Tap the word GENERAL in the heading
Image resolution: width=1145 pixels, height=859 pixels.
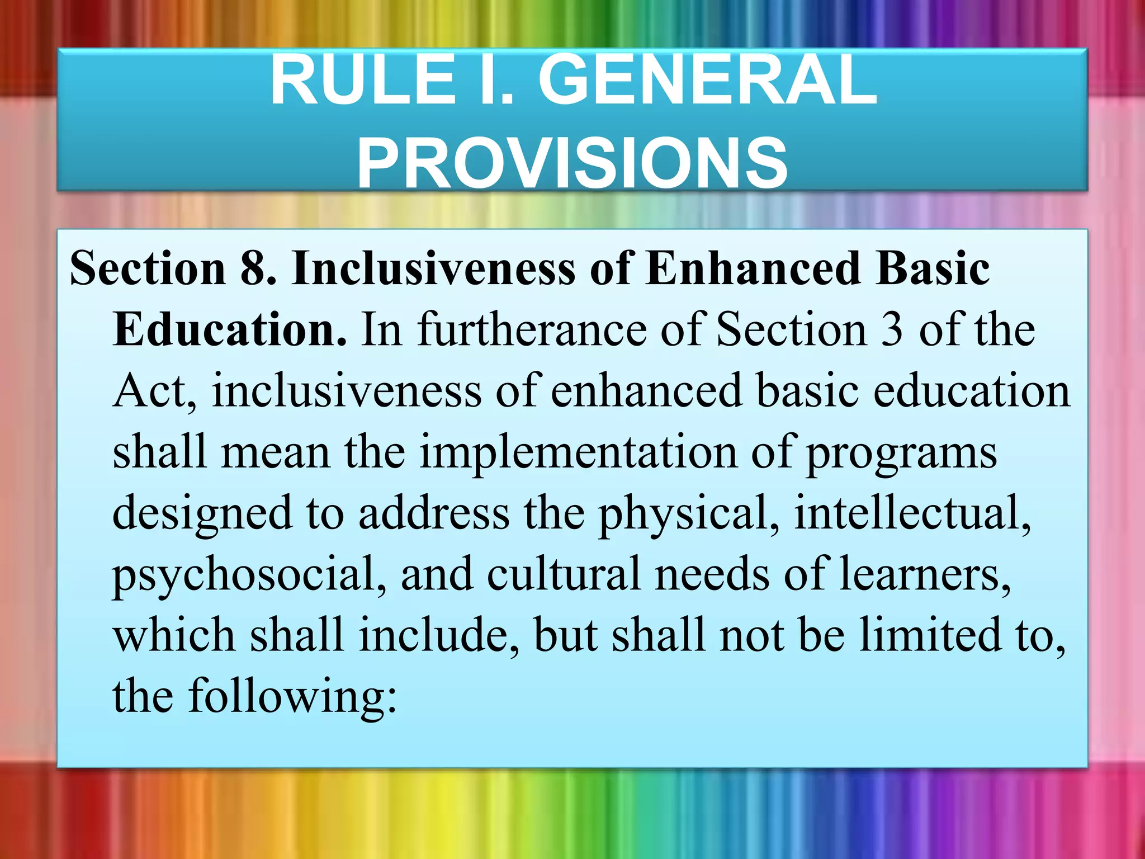707,81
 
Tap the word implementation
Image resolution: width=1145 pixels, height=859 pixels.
578,452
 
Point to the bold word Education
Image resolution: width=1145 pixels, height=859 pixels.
230,330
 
